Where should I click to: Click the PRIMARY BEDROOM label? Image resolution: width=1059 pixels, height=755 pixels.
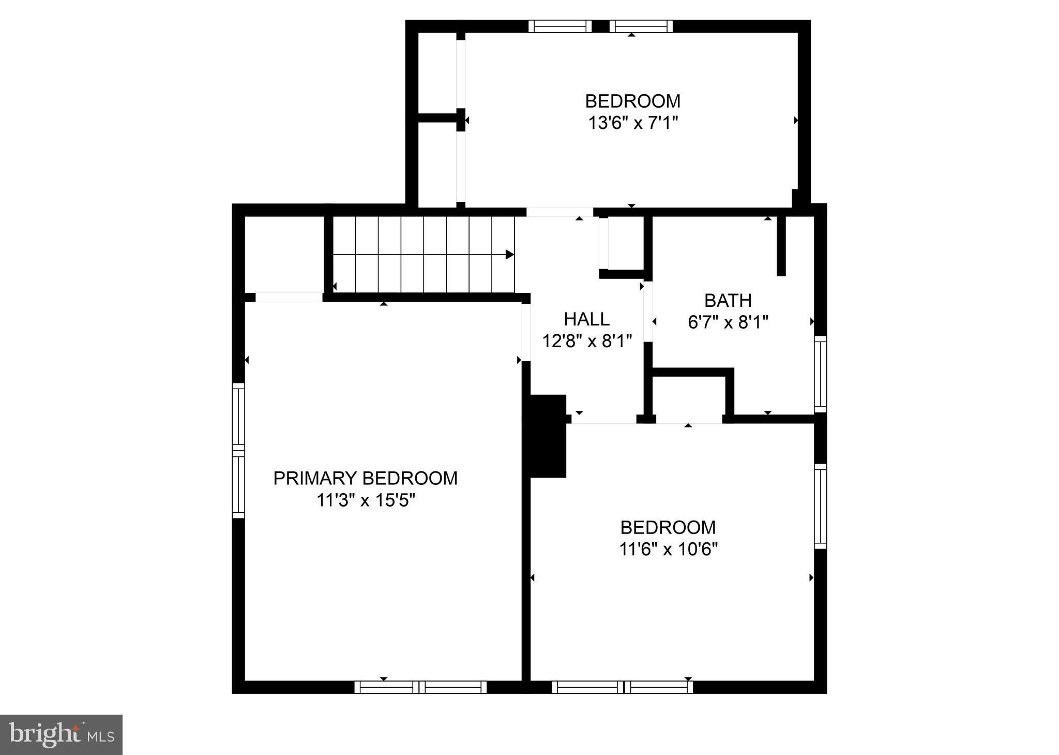coord(365,478)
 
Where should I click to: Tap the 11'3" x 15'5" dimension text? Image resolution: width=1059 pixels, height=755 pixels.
coord(366,501)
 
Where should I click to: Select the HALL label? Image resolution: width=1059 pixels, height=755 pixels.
coord(587,319)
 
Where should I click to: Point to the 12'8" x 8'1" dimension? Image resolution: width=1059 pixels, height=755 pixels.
coord(587,341)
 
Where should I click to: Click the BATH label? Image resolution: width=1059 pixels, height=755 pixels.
coord(728,300)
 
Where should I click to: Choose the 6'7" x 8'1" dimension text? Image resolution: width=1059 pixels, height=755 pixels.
coord(728,322)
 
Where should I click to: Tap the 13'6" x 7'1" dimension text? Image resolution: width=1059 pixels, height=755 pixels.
coord(633,123)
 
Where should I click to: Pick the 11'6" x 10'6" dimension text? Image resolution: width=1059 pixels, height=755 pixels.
coord(669,549)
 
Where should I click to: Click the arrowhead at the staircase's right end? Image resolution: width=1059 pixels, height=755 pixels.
coord(510,255)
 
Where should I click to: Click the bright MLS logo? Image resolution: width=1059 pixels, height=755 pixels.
coord(61,735)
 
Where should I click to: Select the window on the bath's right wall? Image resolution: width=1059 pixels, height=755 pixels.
coord(821,374)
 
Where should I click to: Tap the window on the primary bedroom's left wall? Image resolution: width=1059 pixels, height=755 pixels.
coord(238,450)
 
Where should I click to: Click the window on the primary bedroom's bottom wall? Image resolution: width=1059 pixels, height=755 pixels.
coord(420,687)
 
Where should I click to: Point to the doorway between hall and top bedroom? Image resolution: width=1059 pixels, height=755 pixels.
coord(559,212)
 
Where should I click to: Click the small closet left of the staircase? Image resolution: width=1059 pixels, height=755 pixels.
coord(284,254)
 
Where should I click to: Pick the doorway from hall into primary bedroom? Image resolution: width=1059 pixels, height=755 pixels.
coord(526,332)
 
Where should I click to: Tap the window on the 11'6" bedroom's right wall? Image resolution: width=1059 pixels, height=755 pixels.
coord(821,506)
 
